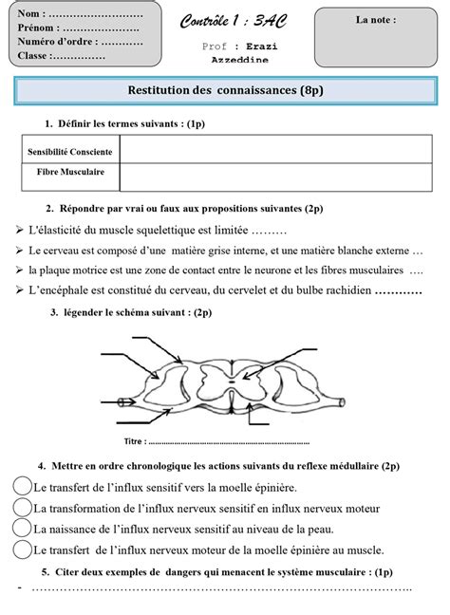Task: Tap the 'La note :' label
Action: [x=376, y=19]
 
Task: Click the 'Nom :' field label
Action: [x=29, y=12]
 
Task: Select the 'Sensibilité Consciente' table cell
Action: [x=70, y=152]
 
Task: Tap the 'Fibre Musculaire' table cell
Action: [x=70, y=173]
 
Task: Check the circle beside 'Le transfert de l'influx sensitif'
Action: [x=22, y=485]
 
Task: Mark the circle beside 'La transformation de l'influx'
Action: [x=22, y=507]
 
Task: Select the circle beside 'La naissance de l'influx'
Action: [x=22, y=528]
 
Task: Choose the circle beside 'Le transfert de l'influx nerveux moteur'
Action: [x=22, y=549]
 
